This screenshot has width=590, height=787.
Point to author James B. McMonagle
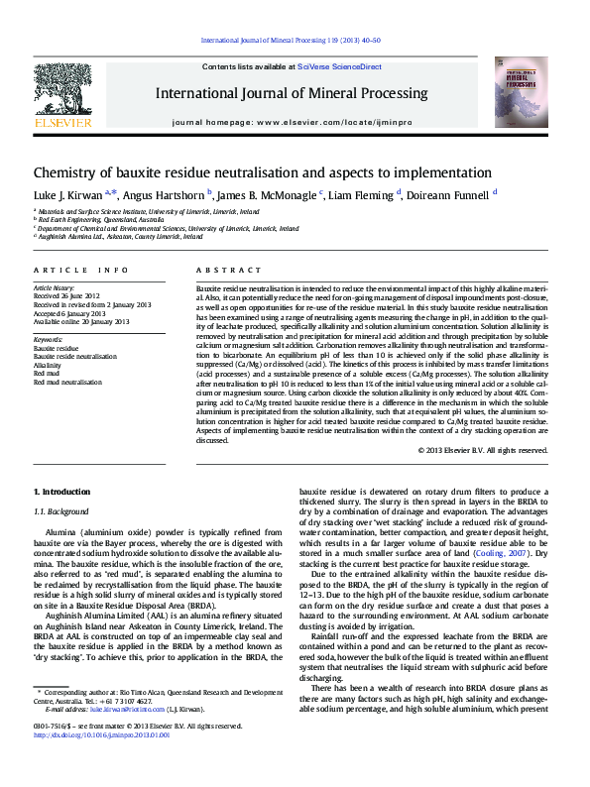click(265, 196)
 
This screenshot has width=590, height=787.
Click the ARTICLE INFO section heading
click(81, 271)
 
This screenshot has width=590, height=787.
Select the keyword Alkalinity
click(47, 365)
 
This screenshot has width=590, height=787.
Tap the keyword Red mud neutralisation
click(67, 381)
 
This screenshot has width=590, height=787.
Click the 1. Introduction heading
click(61, 492)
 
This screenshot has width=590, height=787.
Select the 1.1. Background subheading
click(61, 511)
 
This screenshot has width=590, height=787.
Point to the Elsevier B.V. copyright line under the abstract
click(482, 449)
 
